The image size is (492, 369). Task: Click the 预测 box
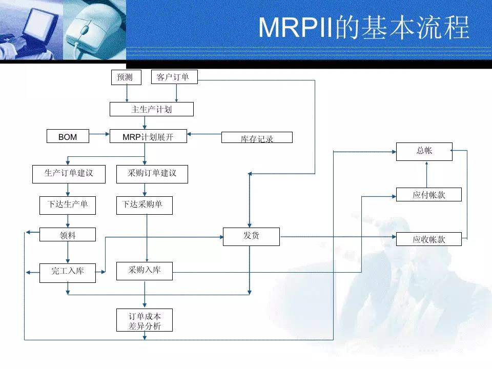125,77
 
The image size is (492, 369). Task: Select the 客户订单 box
174,77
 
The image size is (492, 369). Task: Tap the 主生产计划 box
151,109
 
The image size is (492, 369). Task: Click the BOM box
68,136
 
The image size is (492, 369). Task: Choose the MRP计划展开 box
148,136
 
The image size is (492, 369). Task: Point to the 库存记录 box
257,137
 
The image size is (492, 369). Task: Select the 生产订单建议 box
69,174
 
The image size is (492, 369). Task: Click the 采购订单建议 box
152,174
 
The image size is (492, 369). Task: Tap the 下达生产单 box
68,205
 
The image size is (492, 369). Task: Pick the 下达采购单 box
144,205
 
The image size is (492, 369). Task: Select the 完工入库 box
68,272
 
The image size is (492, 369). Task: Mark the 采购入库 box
144,271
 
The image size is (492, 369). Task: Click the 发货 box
251,236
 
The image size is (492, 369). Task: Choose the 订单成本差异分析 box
144,320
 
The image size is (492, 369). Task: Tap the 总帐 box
424,151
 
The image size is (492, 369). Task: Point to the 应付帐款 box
428,195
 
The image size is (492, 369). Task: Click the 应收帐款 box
428,239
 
